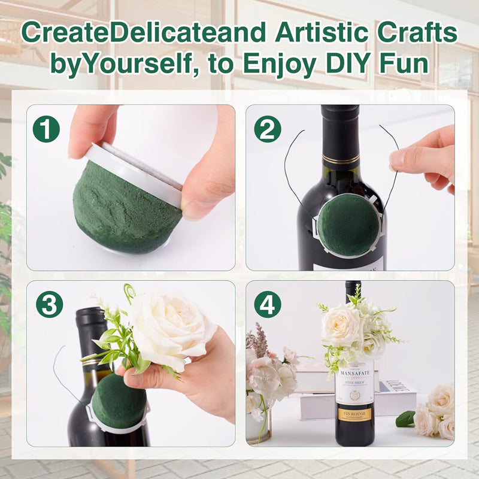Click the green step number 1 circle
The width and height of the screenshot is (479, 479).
coord(46,129)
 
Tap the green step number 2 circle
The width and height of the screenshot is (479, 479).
coord(267,129)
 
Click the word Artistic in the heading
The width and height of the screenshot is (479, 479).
coord(311,33)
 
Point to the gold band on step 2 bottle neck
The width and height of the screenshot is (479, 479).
coord(340,159)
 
